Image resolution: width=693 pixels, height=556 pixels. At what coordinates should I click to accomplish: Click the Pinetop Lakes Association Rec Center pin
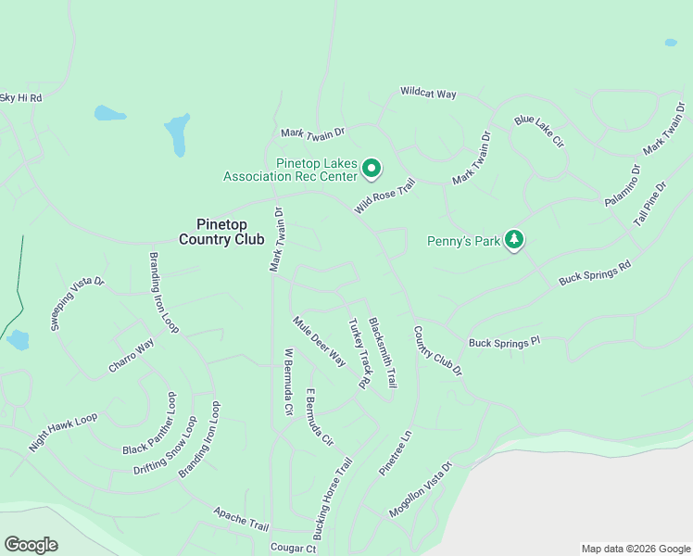pyautogui.click(x=371, y=168)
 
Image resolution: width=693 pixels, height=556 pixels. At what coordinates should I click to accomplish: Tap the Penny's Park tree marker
pyautogui.click(x=514, y=241)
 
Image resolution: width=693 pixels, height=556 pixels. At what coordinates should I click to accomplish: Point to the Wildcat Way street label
pyautogui.click(x=428, y=94)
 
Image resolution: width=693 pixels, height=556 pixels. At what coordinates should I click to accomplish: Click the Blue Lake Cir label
pyautogui.click(x=539, y=132)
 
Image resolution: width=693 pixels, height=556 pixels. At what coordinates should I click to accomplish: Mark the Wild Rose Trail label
pyautogui.click(x=385, y=196)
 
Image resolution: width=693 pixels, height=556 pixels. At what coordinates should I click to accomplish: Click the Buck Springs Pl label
pyautogui.click(x=504, y=343)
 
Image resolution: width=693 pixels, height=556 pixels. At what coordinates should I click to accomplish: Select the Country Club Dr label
pyautogui.click(x=437, y=350)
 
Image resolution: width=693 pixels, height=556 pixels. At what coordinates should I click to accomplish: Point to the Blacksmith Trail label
pyautogui.click(x=383, y=352)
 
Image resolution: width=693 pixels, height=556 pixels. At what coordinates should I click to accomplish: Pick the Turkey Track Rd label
pyautogui.click(x=359, y=353)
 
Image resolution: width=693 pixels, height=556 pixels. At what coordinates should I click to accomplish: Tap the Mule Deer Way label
pyautogui.click(x=320, y=341)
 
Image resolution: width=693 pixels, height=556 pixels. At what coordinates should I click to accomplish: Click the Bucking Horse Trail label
pyautogui.click(x=333, y=499)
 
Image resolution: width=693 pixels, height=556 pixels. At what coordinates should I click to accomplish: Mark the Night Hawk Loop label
pyautogui.click(x=62, y=432)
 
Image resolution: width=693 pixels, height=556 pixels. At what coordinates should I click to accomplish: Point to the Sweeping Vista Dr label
pyautogui.click(x=78, y=304)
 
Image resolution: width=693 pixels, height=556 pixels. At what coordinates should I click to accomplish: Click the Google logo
pyautogui.click(x=31, y=545)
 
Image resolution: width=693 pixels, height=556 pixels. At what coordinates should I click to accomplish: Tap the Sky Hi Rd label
pyautogui.click(x=20, y=97)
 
